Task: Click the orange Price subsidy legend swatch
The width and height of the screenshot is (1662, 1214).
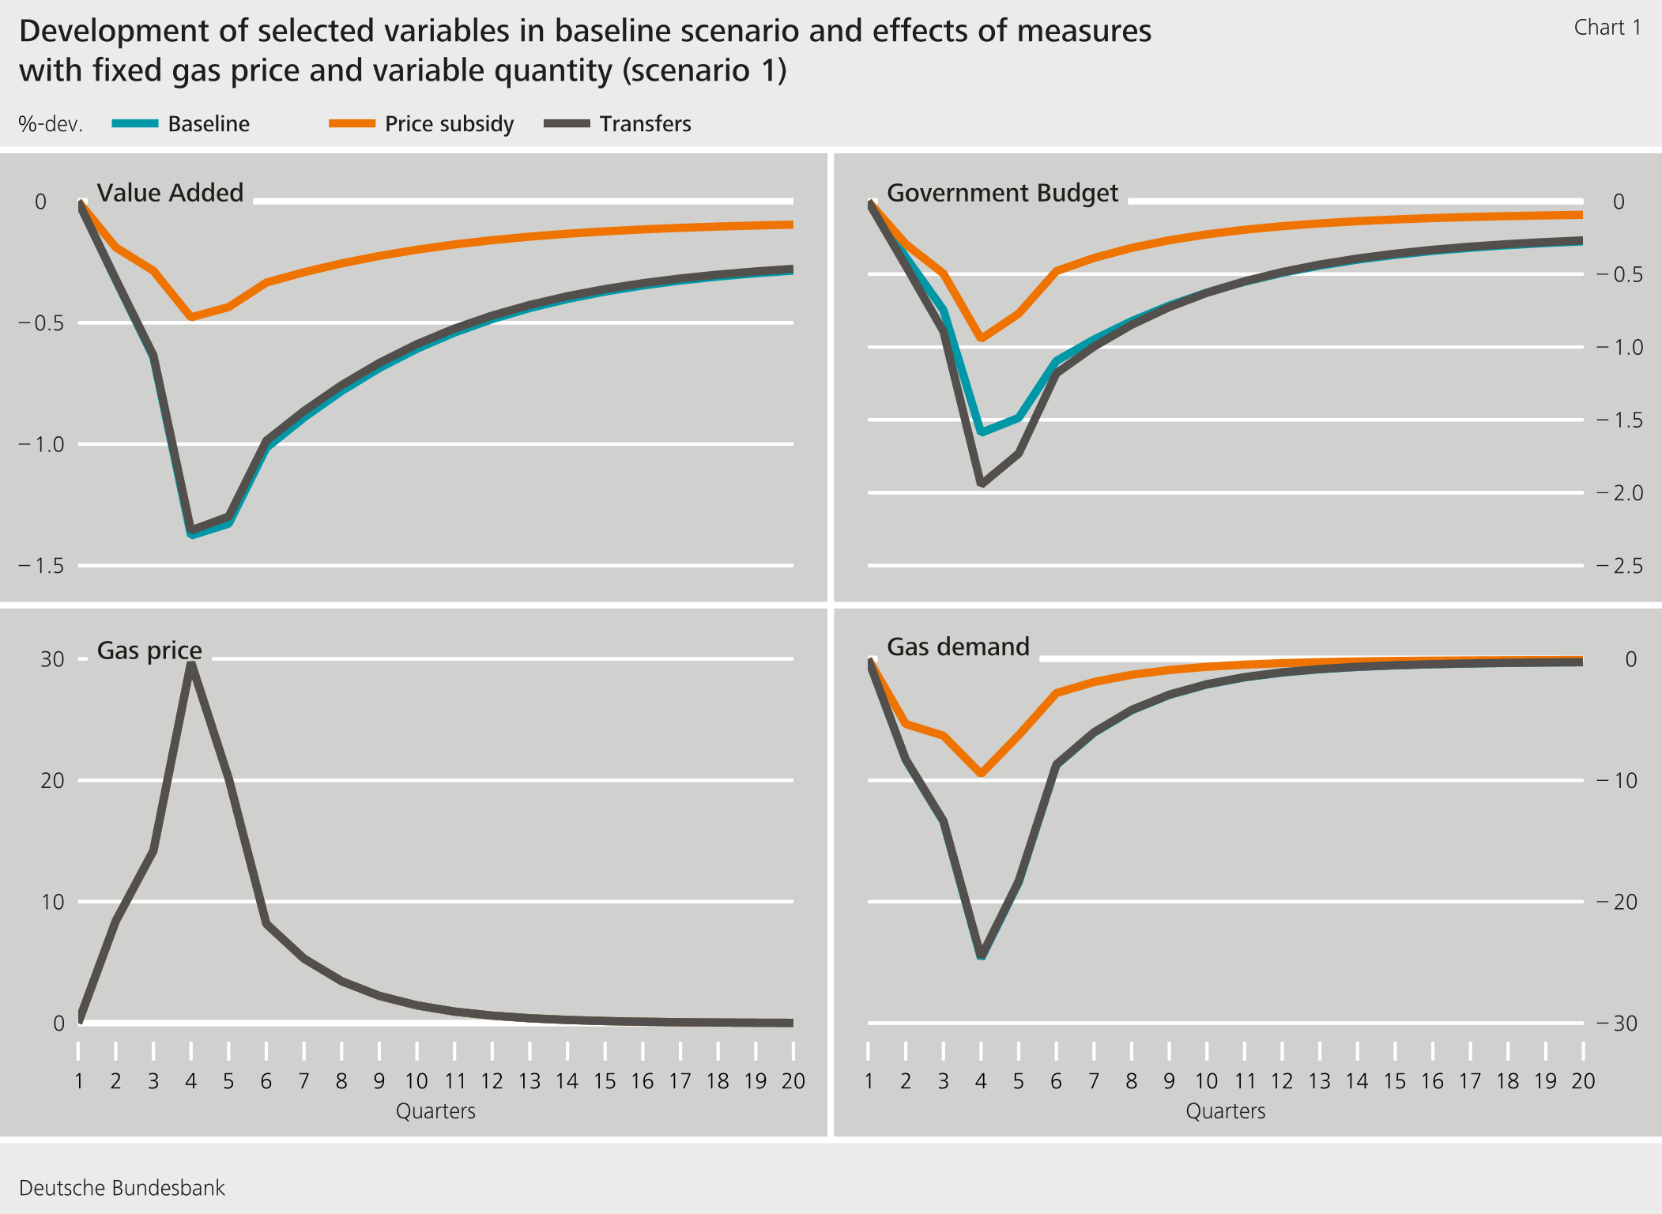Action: click(x=352, y=123)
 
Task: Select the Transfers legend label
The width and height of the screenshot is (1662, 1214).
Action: click(x=645, y=124)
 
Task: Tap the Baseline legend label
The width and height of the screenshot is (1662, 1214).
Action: click(x=209, y=124)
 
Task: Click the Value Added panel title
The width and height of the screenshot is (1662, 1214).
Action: click(x=170, y=193)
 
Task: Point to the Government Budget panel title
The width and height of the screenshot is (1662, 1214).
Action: click(x=1002, y=193)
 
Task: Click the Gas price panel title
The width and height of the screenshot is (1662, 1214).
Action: click(x=149, y=650)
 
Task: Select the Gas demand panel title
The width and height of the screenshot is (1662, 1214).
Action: click(x=958, y=647)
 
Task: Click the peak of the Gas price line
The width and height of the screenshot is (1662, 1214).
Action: click(x=191, y=664)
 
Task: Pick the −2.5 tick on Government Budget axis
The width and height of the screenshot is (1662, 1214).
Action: click(x=1619, y=566)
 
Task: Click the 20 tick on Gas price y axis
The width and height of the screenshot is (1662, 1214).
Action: click(x=52, y=780)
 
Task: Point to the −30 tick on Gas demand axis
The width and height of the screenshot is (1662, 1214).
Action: click(x=1616, y=1023)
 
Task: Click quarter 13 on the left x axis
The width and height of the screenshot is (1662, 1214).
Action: click(x=530, y=1080)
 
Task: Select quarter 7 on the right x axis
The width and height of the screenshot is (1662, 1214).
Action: click(x=1094, y=1080)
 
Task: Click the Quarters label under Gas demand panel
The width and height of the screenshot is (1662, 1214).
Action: click(x=1225, y=1111)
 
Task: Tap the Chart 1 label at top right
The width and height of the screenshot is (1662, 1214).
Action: click(x=1607, y=28)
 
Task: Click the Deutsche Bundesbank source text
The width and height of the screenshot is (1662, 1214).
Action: click(x=122, y=1188)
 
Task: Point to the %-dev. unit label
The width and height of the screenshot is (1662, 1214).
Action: click(x=51, y=124)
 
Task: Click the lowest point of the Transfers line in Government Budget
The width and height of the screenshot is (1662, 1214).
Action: click(x=982, y=483)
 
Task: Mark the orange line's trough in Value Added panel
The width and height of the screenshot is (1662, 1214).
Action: click(x=191, y=317)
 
